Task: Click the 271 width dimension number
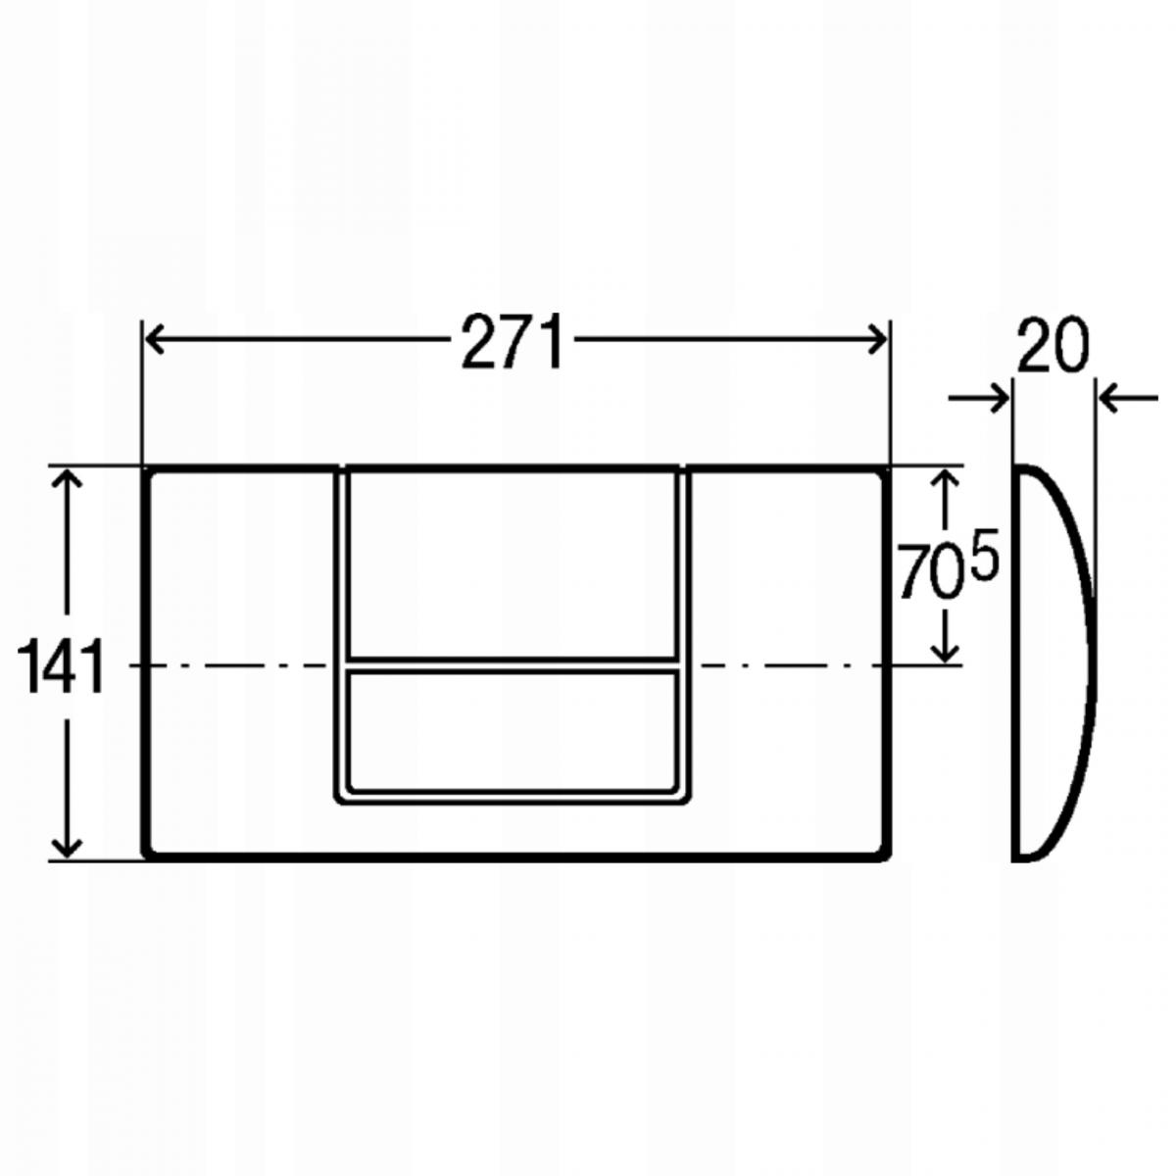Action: [512, 341]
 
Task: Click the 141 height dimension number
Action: [60, 665]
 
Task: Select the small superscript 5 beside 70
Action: [983, 562]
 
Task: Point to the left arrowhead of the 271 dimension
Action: [156, 339]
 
